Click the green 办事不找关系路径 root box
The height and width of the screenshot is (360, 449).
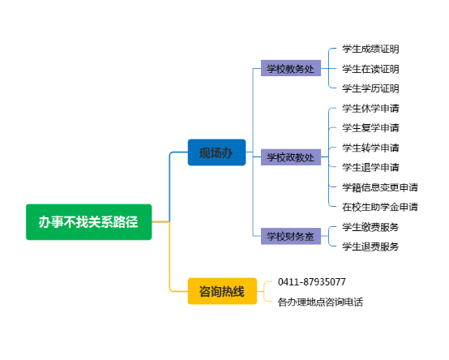[89, 222]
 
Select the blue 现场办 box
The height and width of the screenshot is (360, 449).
[216, 152]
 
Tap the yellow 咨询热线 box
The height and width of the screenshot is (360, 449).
[222, 291]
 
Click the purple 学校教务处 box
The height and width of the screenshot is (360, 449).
[291, 68]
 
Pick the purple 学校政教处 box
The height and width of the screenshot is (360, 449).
[291, 157]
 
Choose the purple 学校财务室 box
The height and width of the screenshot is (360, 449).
[291, 236]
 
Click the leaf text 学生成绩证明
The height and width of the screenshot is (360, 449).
[370, 49]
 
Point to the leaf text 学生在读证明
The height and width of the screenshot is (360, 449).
[370, 69]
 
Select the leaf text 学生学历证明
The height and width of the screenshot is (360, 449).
[370, 88]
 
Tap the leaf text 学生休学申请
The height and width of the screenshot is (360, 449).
[370, 109]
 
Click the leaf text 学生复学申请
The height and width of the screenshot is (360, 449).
[370, 128]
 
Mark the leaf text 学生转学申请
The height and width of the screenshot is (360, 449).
[370, 148]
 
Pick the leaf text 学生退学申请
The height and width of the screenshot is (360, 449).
[370, 167]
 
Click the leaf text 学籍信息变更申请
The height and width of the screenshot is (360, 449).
[380, 187]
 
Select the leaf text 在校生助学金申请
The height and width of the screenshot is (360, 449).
[380, 207]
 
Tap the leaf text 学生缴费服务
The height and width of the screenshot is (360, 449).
[370, 227]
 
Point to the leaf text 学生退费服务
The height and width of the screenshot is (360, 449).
[370, 246]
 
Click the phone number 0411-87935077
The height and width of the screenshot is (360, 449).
[311, 282]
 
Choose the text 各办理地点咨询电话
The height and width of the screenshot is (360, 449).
[320, 302]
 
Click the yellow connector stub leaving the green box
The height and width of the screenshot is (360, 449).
[160, 221]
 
